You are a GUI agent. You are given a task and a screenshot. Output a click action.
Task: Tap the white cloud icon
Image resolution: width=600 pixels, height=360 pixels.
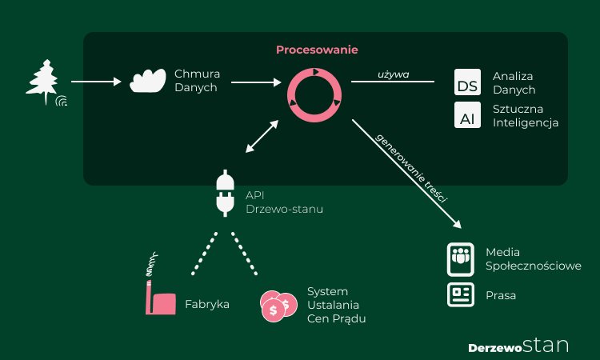point(148,81)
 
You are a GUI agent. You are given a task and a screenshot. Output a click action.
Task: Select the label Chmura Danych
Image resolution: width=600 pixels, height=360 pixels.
point(197,81)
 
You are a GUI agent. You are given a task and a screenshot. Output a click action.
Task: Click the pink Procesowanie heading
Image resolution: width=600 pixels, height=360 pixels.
point(317,50)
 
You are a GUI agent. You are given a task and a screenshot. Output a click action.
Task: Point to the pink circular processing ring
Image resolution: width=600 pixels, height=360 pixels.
point(314,94)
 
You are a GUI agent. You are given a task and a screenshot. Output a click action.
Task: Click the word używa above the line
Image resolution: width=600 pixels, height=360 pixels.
point(393,74)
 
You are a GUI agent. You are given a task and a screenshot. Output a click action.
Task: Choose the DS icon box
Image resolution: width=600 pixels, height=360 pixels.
point(467,82)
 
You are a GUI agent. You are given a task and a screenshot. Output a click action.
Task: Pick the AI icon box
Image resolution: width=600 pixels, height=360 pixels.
point(467,116)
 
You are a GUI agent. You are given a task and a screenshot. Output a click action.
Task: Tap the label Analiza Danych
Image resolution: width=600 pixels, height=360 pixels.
point(514,82)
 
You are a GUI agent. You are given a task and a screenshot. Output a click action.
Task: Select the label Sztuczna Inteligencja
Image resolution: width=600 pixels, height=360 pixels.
point(526,116)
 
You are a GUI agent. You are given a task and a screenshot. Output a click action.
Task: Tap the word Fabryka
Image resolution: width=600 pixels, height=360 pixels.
point(207,304)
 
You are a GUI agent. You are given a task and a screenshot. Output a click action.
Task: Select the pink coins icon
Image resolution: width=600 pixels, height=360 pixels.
point(279,306)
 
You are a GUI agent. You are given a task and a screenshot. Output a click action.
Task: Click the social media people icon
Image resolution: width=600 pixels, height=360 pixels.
point(461,258)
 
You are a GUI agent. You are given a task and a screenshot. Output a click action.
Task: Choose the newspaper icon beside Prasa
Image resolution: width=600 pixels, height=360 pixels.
point(461,294)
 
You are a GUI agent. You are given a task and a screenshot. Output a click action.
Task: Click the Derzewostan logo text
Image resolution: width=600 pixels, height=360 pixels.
point(518,346)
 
